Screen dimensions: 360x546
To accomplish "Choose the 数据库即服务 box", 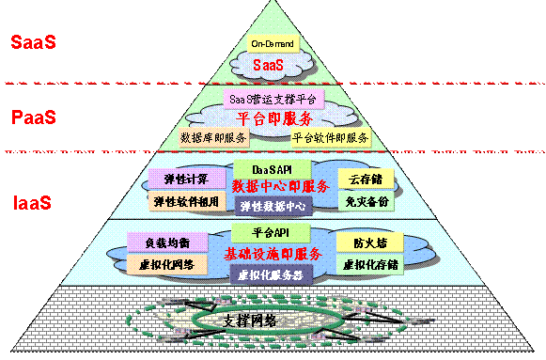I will click(212, 137).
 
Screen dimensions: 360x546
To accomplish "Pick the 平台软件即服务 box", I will click(330, 137).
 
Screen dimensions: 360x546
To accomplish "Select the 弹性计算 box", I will click(186, 179).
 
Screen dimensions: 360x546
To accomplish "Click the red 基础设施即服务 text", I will click(273, 254).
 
